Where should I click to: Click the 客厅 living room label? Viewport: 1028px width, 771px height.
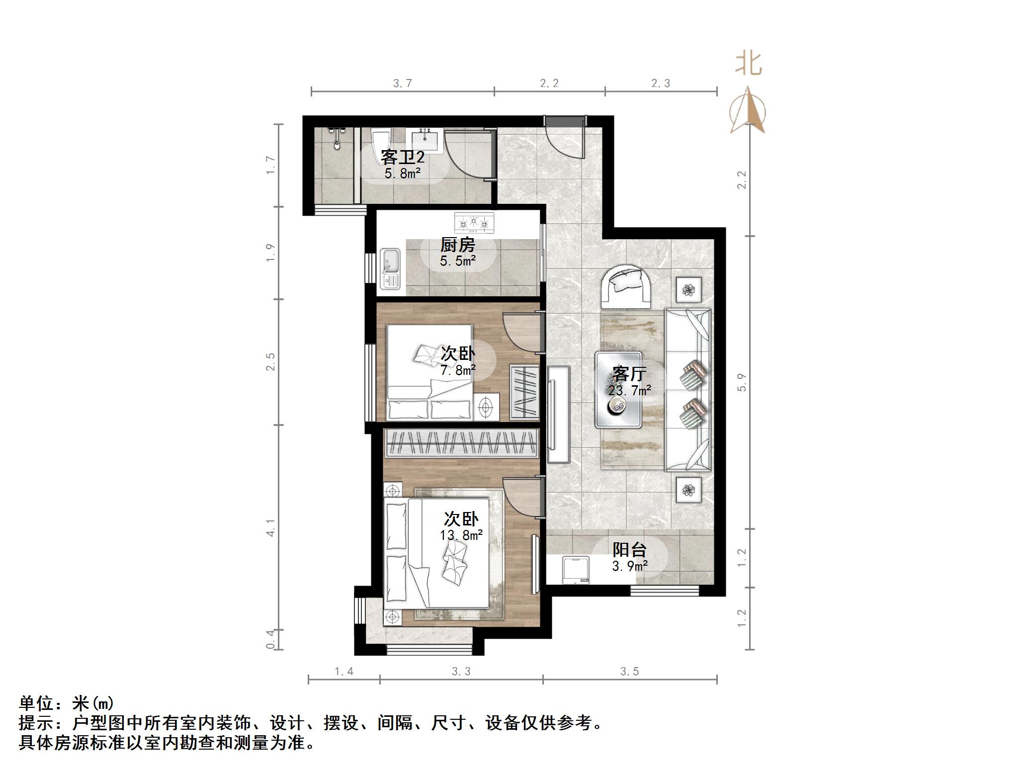tap(629, 373)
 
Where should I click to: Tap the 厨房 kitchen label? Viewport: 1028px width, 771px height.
tap(458, 245)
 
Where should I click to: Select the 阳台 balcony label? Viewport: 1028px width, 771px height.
tap(629, 549)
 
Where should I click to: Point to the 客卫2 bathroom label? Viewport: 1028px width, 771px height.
tap(403, 157)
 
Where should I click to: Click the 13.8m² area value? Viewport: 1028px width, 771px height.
tap(461, 535)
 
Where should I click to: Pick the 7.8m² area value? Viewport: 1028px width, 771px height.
tap(458, 370)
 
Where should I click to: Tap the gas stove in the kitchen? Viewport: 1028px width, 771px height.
tap(474, 223)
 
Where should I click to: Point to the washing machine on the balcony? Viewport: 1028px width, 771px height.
tap(576, 571)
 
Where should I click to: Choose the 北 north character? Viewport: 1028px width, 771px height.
tap(749, 65)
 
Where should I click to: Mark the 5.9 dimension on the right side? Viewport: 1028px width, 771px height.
tap(742, 382)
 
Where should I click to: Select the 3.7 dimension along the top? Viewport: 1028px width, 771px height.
tap(403, 84)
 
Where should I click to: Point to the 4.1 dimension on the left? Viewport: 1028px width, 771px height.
tap(270, 528)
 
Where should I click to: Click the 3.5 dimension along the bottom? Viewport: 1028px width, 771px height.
tap(629, 672)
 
